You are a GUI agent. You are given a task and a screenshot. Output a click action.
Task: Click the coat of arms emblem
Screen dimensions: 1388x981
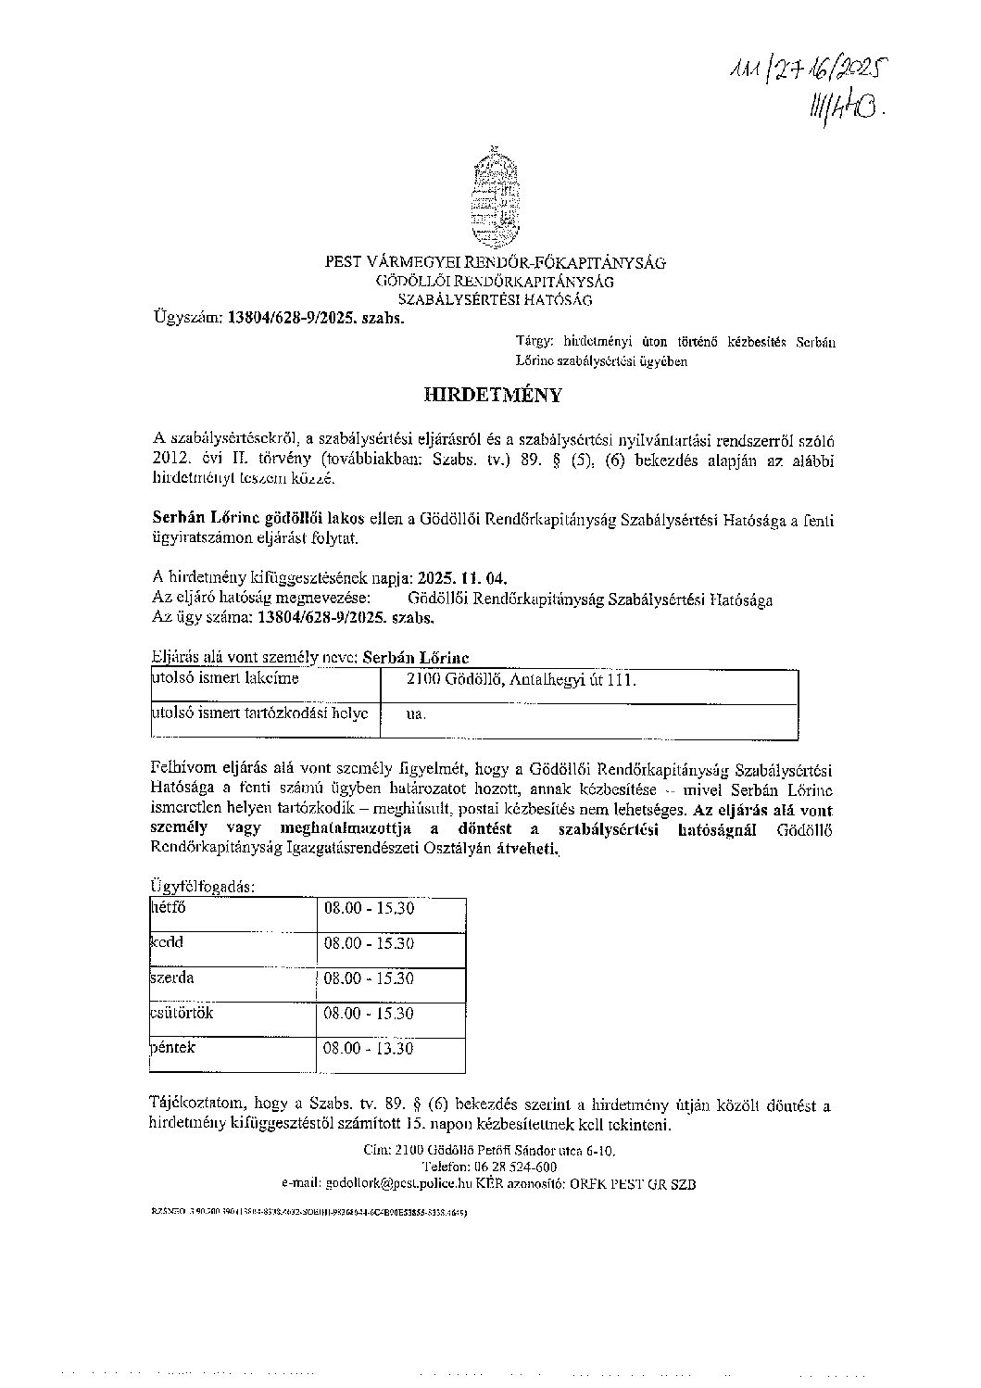coord(493,196)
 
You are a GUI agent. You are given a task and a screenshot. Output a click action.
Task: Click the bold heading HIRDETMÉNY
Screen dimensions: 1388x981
coord(493,395)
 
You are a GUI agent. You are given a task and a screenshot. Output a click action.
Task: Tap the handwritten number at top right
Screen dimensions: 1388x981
coord(803,89)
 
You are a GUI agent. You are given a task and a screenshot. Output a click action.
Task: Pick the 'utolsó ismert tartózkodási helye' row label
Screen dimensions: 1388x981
coord(259,713)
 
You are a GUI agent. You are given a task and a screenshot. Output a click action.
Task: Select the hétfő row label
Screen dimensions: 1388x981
coord(168,908)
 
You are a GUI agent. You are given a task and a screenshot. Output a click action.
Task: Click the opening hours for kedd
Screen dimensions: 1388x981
coord(368,943)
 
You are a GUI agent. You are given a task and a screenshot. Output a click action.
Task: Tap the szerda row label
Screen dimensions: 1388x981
coord(172,978)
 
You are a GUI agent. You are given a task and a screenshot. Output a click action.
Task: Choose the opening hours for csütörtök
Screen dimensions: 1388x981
coord(368,1014)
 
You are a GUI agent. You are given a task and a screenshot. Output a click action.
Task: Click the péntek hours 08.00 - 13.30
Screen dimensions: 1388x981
coord(368,1049)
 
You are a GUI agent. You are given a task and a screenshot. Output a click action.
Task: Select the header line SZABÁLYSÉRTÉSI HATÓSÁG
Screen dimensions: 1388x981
coord(495,299)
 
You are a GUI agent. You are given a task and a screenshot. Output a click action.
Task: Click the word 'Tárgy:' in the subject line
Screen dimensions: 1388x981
coord(532,343)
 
